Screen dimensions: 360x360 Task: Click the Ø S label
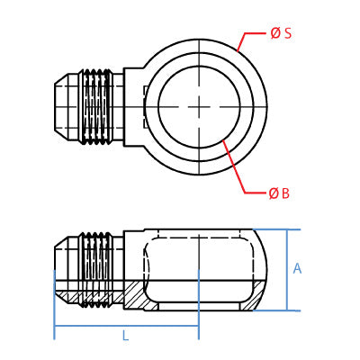pyautogui.click(x=281, y=33)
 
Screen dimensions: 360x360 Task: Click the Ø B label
pyautogui.click(x=279, y=193)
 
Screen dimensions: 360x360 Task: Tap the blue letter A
pyautogui.click(x=297, y=268)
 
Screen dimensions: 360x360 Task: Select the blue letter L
pyautogui.click(x=126, y=335)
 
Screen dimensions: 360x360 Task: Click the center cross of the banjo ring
pyautogui.click(x=199, y=107)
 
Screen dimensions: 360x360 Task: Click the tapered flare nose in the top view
pyautogui.click(x=62, y=107)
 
